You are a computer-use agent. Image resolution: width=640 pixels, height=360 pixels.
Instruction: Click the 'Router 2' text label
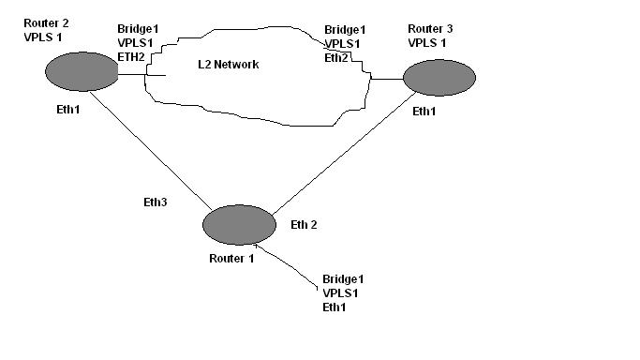pyautogui.click(x=46, y=22)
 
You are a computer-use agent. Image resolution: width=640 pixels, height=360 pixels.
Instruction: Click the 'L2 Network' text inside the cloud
pyautogui.click(x=229, y=65)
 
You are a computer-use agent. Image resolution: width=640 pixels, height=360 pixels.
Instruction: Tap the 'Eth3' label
pyautogui.click(x=155, y=202)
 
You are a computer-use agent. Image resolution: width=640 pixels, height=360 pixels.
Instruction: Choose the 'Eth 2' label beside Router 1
pyautogui.click(x=305, y=224)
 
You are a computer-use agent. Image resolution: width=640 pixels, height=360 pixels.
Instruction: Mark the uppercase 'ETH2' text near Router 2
pyautogui.click(x=132, y=56)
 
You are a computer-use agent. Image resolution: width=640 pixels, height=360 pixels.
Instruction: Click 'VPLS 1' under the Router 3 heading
pyautogui.click(x=428, y=42)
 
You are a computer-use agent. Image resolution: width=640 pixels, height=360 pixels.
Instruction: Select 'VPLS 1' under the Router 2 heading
pyautogui.click(x=41, y=36)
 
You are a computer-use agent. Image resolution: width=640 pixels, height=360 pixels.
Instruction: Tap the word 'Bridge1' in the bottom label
pyautogui.click(x=343, y=279)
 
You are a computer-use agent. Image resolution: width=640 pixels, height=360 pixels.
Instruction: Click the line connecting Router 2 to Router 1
pyautogui.click(x=150, y=149)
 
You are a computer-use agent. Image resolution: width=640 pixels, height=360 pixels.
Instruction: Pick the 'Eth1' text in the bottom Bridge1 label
pyautogui.click(x=335, y=307)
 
